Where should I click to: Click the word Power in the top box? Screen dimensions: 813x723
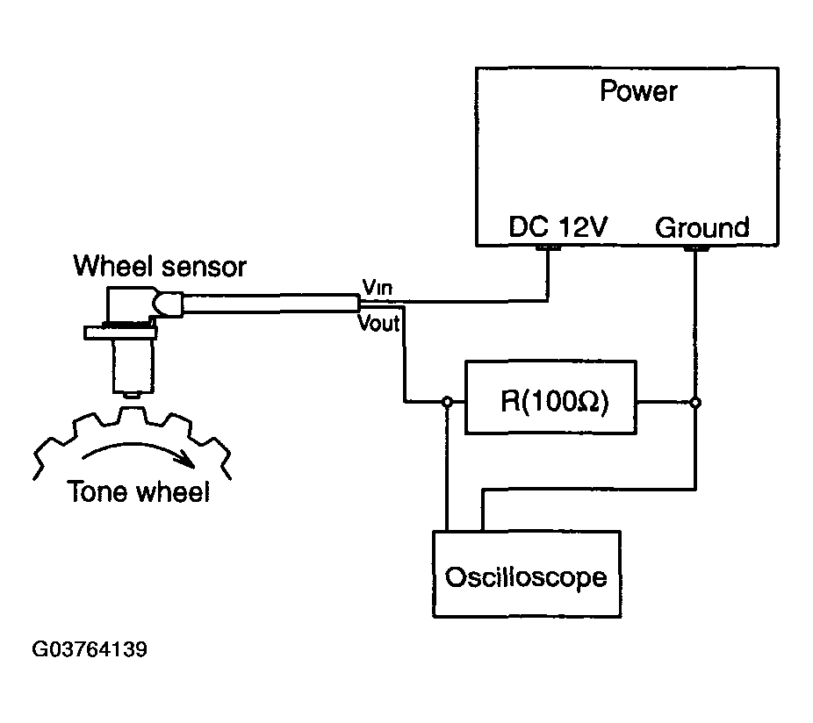(x=638, y=91)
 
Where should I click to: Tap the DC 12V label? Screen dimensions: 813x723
(x=558, y=227)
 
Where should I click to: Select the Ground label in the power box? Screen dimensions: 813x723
(x=702, y=227)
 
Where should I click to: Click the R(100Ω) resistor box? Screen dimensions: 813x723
(x=550, y=397)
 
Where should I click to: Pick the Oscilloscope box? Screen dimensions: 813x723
(x=527, y=574)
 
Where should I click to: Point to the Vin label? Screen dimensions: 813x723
(x=377, y=287)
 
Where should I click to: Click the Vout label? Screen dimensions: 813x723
(x=378, y=324)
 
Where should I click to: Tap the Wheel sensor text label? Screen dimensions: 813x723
(x=160, y=267)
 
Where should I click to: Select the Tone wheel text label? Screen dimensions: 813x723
(x=139, y=492)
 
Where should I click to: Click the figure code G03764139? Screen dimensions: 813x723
(x=90, y=649)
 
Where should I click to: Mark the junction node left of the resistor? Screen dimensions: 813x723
(x=447, y=402)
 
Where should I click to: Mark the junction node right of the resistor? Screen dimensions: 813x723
(x=696, y=402)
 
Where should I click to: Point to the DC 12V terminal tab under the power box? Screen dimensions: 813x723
(x=548, y=247)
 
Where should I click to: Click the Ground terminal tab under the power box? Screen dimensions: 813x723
(x=696, y=248)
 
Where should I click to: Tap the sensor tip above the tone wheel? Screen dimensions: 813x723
(x=133, y=396)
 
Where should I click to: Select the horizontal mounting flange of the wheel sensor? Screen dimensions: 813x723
(x=120, y=333)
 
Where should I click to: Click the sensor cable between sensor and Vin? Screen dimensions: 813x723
(x=271, y=304)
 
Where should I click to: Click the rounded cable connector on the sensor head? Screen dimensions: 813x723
(x=167, y=304)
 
